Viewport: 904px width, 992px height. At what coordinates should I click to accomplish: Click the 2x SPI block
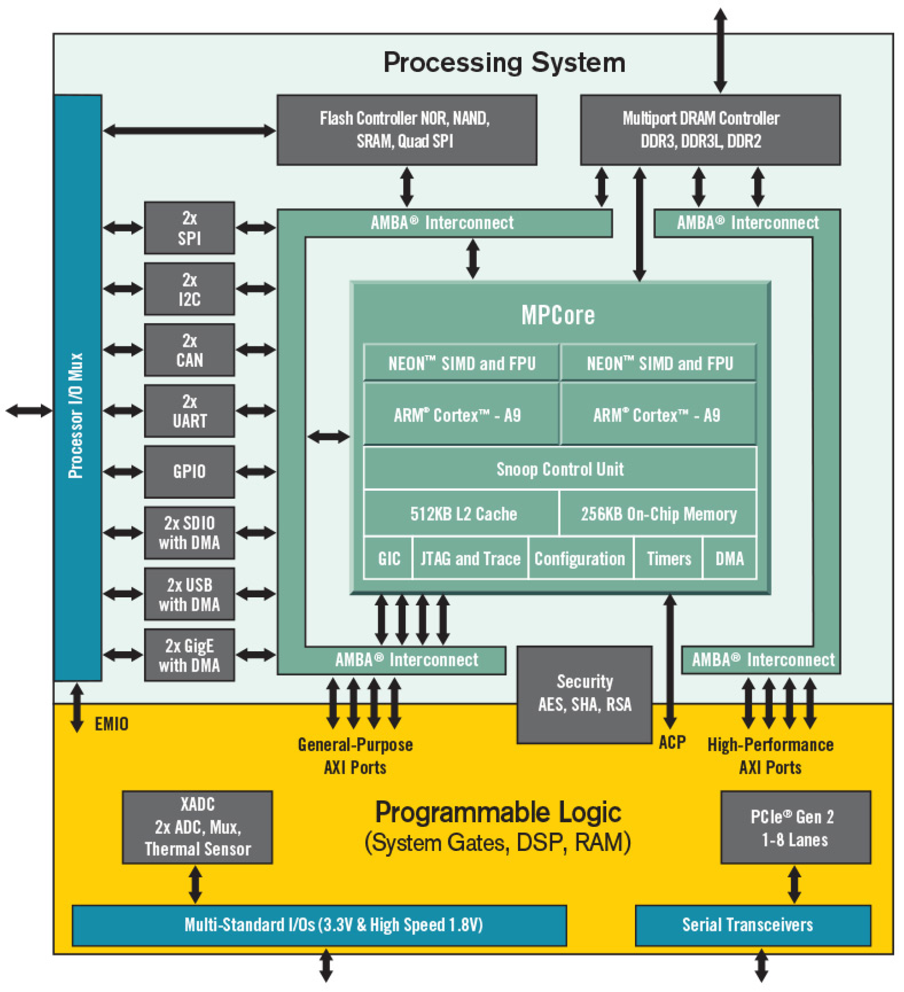[x=189, y=228]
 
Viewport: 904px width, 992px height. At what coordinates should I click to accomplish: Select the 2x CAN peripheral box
[x=189, y=350]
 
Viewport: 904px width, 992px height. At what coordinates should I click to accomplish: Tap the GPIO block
[x=189, y=472]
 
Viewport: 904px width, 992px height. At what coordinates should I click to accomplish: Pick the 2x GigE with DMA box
[x=189, y=655]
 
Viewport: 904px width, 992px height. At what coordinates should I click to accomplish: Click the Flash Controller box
[x=406, y=130]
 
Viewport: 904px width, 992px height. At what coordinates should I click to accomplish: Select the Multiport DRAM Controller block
[x=710, y=130]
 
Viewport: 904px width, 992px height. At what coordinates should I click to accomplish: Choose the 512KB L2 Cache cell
[x=462, y=513]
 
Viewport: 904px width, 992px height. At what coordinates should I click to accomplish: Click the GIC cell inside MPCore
[x=388, y=558]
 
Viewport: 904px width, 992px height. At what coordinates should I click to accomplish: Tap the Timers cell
[x=668, y=558]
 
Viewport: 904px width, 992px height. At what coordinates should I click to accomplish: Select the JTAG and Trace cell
[x=470, y=558]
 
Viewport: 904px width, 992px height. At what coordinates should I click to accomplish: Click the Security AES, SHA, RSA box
[x=584, y=694]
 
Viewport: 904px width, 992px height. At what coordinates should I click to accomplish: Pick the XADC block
[x=197, y=827]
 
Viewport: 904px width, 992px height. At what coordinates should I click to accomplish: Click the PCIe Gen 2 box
[x=795, y=827]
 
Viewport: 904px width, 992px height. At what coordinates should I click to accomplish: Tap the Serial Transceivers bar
[x=752, y=925]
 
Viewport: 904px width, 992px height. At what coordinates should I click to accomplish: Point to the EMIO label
[x=112, y=724]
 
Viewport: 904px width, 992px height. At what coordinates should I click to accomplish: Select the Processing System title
[x=505, y=63]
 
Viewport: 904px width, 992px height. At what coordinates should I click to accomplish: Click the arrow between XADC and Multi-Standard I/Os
[x=195, y=884]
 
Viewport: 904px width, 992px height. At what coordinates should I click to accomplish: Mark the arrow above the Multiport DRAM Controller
[x=720, y=51]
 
